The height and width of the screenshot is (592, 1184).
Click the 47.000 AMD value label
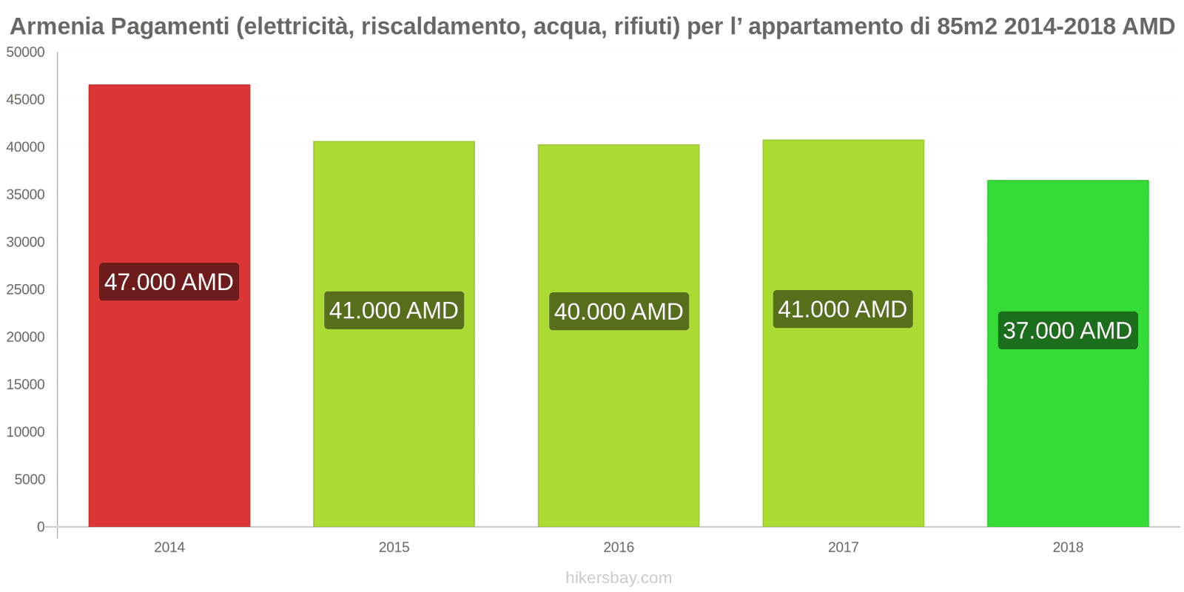pos(169,282)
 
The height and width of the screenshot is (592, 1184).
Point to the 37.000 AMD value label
pos(1067,330)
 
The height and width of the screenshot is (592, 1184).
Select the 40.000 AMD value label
pos(619,312)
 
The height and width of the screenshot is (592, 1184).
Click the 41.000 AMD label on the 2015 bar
pos(394,310)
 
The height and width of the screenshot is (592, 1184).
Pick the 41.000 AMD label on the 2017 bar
pos(842,309)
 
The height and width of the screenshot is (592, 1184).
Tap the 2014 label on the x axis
pos(169,548)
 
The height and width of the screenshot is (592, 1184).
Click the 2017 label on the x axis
pos(843,548)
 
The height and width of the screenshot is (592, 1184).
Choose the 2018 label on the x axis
pos(1068,548)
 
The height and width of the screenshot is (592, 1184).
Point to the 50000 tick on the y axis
pos(26,53)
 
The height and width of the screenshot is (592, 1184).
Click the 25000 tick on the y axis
pos(26,289)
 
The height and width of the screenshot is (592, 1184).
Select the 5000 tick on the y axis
pos(30,480)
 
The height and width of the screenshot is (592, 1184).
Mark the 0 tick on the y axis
pos(41,527)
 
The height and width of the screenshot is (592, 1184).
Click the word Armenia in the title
pos(57,27)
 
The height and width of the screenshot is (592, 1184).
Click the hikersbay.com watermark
pos(619,578)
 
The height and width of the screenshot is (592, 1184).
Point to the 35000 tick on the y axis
pos(26,195)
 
